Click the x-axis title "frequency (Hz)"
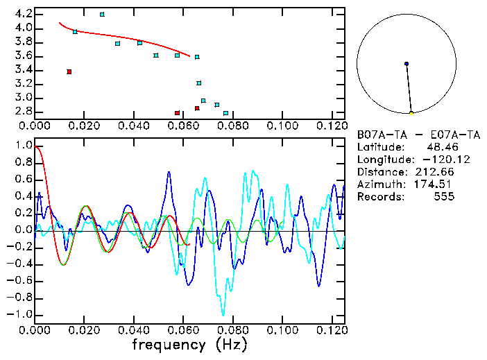[x=189, y=344]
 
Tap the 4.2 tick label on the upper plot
[x=22, y=14]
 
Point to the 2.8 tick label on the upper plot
[x=22, y=112]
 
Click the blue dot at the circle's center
[x=407, y=64]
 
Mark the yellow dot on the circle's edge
[x=411, y=113]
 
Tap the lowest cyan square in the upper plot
[x=225, y=113]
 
